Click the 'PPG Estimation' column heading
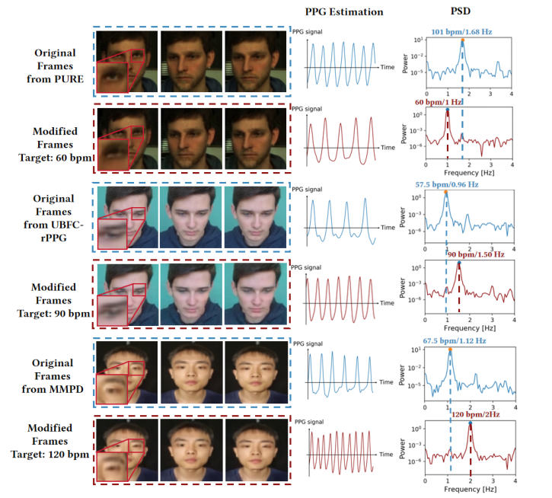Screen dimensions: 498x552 pyautogui.click(x=343, y=12)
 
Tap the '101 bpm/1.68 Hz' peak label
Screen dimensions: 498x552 pyautogui.click(x=461, y=31)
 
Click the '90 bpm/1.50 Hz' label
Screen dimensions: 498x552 pyautogui.click(x=477, y=254)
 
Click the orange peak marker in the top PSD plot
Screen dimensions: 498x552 pyautogui.click(x=462, y=40)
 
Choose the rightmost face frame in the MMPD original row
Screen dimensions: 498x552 pyautogui.click(x=254, y=372)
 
